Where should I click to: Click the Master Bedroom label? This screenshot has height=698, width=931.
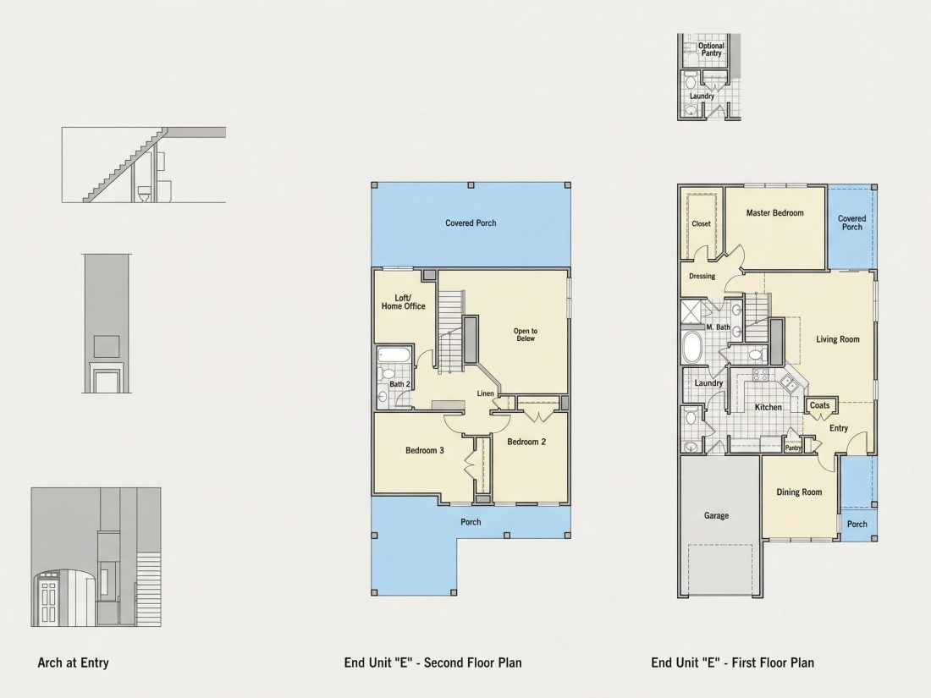click(774, 213)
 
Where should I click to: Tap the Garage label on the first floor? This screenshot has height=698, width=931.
click(716, 516)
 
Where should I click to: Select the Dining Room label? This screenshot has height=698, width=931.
click(799, 492)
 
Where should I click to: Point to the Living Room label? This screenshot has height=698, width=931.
click(838, 339)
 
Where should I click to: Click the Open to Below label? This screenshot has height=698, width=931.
click(526, 335)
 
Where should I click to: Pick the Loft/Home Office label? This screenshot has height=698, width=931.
click(403, 302)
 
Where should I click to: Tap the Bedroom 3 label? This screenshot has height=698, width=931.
click(425, 450)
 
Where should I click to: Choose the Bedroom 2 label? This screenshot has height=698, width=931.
click(526, 442)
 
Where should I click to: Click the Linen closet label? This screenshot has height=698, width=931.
click(485, 393)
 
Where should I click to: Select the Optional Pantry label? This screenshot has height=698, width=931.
click(711, 49)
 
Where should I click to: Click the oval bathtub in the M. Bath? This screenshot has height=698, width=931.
click(692, 347)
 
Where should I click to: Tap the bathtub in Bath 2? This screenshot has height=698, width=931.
click(393, 355)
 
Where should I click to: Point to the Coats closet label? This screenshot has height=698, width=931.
click(819, 405)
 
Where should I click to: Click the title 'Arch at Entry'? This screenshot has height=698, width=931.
click(73, 663)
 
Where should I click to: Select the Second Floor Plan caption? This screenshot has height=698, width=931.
click(432, 663)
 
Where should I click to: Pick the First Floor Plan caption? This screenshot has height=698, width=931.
click(733, 663)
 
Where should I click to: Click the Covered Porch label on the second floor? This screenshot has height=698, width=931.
click(471, 223)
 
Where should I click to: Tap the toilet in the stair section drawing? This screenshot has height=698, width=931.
click(144, 194)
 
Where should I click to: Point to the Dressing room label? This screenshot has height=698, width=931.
click(702, 276)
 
